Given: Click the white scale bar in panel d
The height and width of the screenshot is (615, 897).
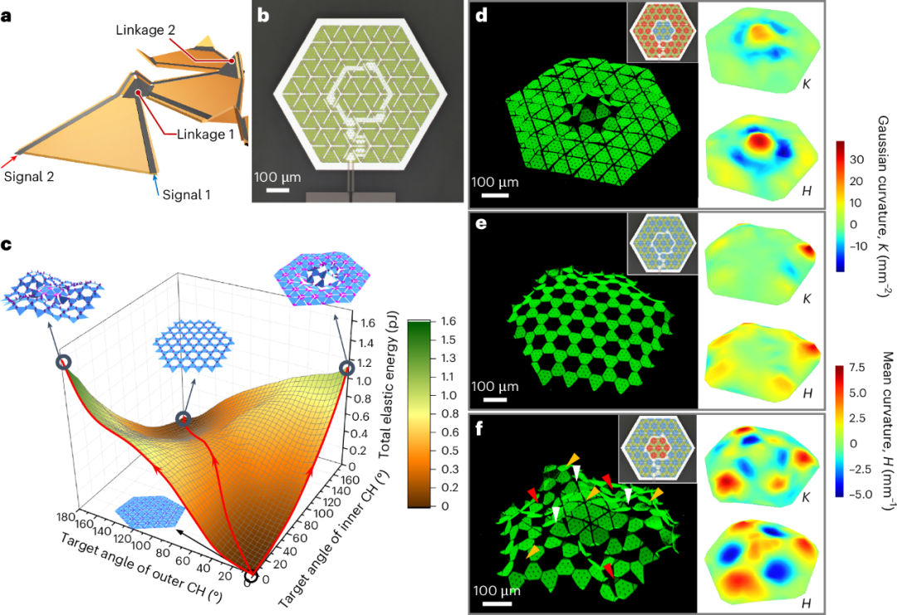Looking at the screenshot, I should pyautogui.click(x=495, y=196).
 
